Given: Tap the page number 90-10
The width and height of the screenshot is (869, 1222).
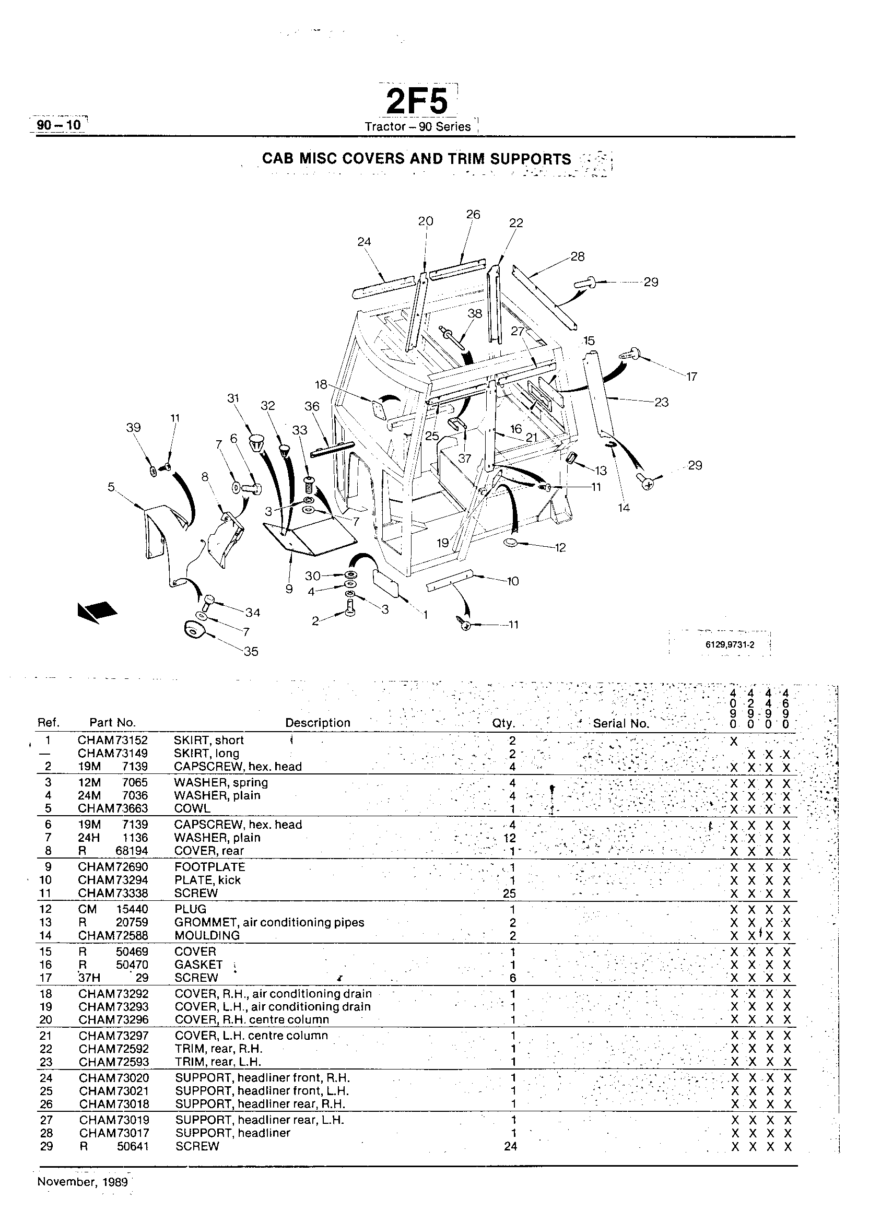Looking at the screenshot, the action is tap(58, 125).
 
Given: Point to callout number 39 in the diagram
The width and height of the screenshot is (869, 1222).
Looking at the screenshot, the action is tap(133, 428).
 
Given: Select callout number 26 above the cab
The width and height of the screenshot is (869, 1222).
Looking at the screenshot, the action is tap(473, 215).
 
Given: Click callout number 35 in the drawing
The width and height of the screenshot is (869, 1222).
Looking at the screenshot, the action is tap(251, 651).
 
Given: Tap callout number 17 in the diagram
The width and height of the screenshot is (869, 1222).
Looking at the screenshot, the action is tap(692, 377).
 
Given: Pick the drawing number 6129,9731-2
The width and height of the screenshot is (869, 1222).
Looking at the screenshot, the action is tap(730, 645).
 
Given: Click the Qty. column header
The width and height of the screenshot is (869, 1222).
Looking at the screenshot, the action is tap(503, 723).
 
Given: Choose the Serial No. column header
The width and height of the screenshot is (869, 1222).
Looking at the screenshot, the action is tap(621, 724).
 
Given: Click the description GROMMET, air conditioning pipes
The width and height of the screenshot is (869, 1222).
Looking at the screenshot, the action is tap(269, 922).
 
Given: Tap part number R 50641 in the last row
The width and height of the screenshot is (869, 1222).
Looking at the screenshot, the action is tap(114, 1146).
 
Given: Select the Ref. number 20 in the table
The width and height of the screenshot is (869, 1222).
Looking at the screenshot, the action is tap(46, 1020).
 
